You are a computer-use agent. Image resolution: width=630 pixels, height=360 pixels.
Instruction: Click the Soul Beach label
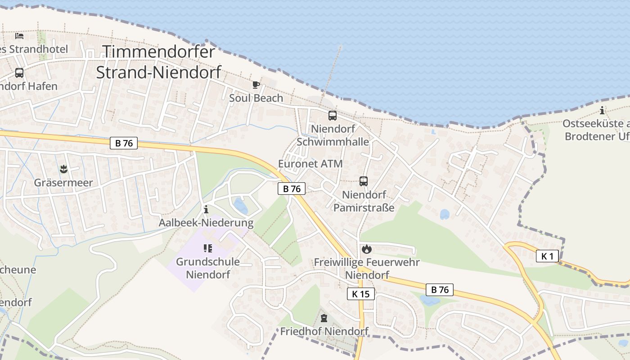256,98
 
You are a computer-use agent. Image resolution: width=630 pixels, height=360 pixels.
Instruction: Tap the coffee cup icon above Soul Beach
256,85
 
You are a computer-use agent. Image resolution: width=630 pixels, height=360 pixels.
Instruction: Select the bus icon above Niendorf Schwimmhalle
333,116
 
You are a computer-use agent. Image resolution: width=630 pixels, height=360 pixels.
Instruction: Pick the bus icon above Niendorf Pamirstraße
364,181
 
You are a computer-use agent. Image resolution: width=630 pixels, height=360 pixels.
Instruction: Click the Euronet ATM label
310,164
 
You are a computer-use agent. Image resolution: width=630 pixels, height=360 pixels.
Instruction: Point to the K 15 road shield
361,294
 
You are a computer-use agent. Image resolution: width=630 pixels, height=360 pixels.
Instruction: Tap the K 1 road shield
547,256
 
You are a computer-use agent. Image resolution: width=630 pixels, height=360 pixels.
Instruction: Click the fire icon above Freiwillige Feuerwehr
367,249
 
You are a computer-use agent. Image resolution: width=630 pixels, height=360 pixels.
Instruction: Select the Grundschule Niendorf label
208,268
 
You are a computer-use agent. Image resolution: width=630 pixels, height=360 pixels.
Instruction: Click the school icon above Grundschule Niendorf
207,248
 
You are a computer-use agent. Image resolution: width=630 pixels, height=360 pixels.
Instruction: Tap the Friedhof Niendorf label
324,332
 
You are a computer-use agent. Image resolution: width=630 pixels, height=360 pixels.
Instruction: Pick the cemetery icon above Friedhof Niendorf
324,319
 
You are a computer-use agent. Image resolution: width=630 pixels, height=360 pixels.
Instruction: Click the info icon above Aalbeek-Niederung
206,209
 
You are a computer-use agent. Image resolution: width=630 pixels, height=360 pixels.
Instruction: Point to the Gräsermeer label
63,183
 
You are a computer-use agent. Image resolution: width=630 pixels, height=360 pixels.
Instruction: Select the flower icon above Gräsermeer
63,169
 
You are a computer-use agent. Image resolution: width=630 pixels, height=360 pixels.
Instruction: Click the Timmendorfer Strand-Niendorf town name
159,62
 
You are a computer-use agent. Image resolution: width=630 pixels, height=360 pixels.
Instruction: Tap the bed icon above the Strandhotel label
19,36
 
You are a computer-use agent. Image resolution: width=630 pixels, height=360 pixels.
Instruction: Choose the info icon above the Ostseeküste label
602,110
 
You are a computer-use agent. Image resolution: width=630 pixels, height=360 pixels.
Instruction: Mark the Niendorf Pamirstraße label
364,201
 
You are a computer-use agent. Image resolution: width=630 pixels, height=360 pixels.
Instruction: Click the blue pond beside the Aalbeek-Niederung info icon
240,206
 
